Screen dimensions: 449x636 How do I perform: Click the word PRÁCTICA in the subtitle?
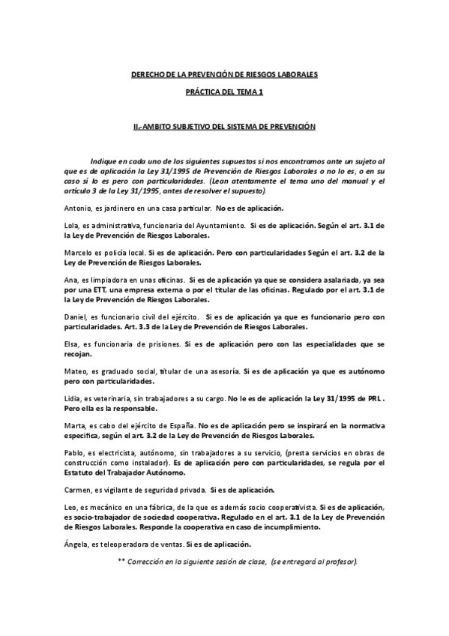(x=202, y=91)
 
